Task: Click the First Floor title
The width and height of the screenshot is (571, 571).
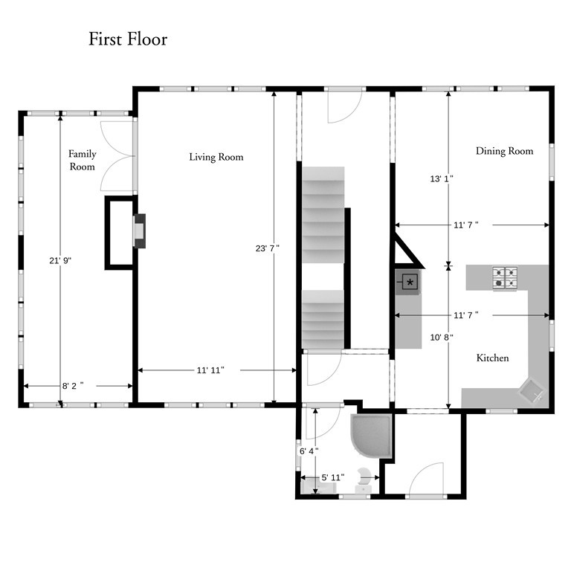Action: [x=128, y=39]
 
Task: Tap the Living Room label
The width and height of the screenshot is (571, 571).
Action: [x=216, y=157]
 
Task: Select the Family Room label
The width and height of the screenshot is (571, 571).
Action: [x=83, y=161]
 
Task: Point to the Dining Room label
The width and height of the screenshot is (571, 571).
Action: [x=504, y=151]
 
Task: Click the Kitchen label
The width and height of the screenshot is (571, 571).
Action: [x=492, y=358]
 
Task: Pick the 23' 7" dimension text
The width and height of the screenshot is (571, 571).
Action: [x=268, y=248]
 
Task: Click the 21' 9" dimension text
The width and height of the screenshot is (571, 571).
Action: [x=60, y=261]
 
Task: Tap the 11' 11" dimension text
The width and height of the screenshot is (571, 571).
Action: [x=210, y=370]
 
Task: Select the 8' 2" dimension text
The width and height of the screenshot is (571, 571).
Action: [x=73, y=386]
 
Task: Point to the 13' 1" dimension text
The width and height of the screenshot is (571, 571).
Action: [x=442, y=178]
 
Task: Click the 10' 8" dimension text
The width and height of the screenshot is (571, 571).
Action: [x=442, y=338]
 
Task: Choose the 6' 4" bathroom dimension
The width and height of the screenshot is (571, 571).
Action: [x=309, y=451]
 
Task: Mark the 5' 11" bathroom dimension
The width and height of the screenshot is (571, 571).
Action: [x=333, y=477]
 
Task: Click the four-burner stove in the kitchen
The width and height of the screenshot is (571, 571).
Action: [x=505, y=279]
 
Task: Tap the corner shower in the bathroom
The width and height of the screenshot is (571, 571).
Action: [x=371, y=436]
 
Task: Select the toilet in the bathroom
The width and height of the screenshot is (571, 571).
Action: [x=364, y=480]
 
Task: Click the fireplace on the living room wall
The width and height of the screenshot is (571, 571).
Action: [x=140, y=231]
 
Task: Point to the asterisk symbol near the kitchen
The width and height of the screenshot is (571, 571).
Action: [x=410, y=282]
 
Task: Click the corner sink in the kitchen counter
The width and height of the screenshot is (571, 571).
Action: [x=532, y=392]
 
